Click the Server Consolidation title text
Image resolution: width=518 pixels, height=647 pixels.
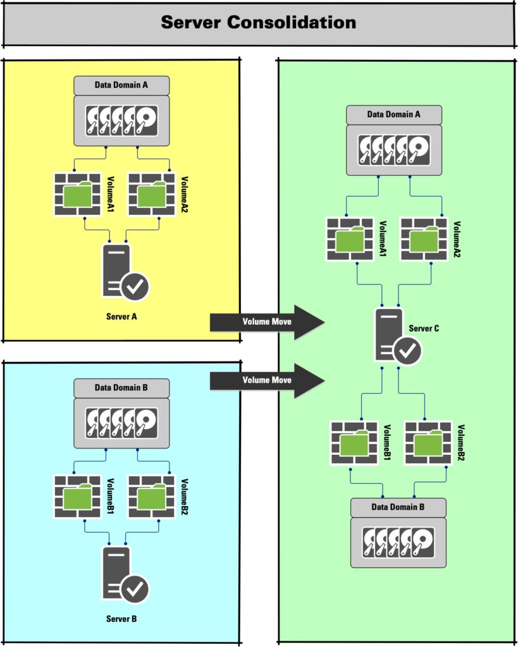point(258,23)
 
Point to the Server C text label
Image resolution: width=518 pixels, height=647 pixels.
point(424,329)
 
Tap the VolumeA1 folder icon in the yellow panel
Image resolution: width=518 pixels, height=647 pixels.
point(77,195)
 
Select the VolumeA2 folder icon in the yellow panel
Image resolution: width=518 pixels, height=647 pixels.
point(151,195)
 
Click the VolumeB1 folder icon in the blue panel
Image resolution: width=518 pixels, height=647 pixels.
point(77,497)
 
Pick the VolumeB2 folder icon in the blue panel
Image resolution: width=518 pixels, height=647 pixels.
point(151,497)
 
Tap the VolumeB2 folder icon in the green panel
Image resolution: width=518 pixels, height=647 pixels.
point(428,443)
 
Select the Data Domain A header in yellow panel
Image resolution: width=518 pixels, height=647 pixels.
point(121,85)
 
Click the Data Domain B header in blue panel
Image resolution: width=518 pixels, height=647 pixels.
point(121,387)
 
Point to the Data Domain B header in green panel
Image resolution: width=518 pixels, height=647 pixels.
point(398,507)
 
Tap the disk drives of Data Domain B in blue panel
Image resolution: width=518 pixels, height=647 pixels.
point(121,421)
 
